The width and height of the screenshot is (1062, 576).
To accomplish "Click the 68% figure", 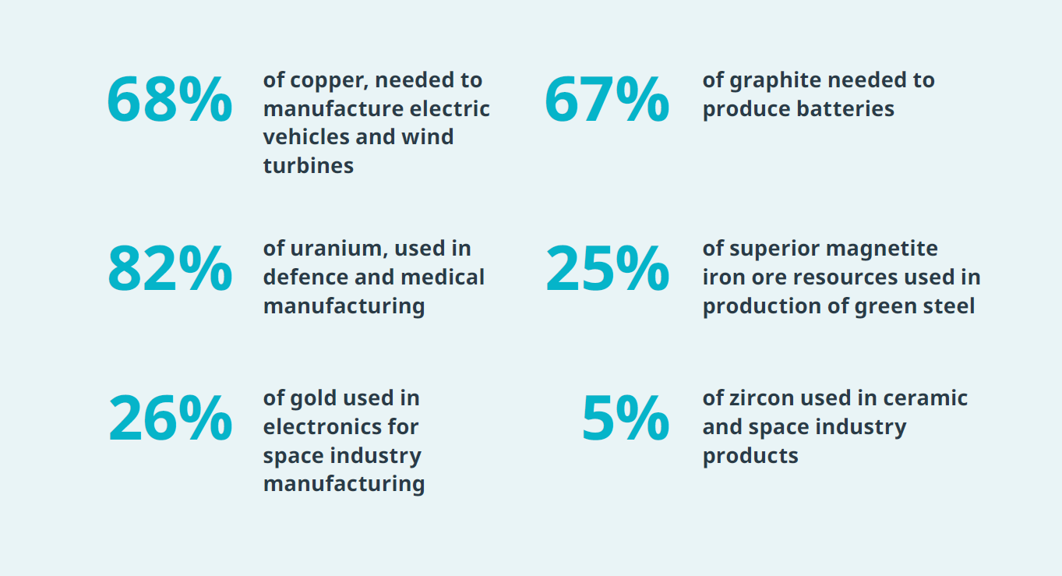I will [169, 100].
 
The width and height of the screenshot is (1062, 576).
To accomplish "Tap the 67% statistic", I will [606, 100].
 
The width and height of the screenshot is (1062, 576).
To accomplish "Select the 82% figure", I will [169, 269].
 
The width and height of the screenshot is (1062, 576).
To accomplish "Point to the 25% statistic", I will [606, 269].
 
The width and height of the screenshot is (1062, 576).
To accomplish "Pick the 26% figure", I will [169, 419].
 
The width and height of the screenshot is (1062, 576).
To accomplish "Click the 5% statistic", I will [625, 419].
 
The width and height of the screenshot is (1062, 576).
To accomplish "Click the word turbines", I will [308, 165].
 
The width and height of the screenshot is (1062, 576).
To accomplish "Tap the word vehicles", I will [306, 137].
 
